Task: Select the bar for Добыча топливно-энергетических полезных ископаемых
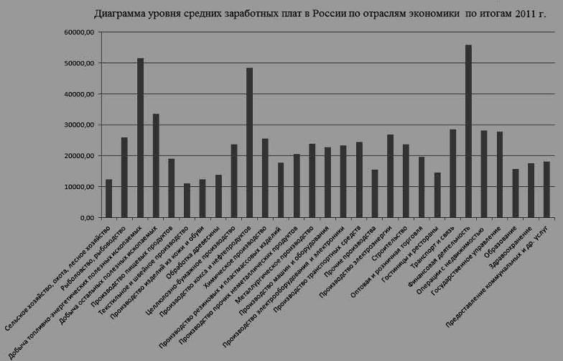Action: pyautogui.click(x=140, y=137)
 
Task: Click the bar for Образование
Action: pyautogui.click(x=515, y=193)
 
